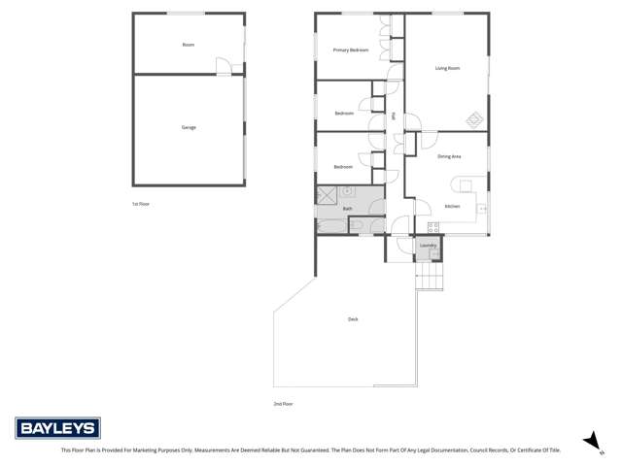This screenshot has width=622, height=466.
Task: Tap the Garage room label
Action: pos(189,127)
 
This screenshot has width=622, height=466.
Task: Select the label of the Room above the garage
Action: pos(189,45)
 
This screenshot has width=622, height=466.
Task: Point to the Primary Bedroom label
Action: pos(351,50)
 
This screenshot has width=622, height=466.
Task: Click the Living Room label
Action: pos(447,68)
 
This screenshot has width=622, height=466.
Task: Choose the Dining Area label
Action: pos(449,156)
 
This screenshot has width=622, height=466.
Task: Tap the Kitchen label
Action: pos(452,207)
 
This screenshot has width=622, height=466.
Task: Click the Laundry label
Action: pos(428,246)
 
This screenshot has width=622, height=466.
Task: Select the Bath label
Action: pos(347,209)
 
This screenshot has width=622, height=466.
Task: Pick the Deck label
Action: pos(352,319)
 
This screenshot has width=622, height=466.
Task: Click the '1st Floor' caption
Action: pos(141,204)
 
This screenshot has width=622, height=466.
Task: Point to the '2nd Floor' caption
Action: pos(283,403)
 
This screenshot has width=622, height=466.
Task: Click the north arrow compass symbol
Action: pos(588,440)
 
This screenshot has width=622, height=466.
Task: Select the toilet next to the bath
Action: pos(356,226)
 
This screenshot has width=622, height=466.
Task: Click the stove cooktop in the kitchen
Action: pos(433,228)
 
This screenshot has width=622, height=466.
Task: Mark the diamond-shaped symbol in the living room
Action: pos(474,120)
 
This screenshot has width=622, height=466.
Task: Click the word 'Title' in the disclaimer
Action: pos(551,450)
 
